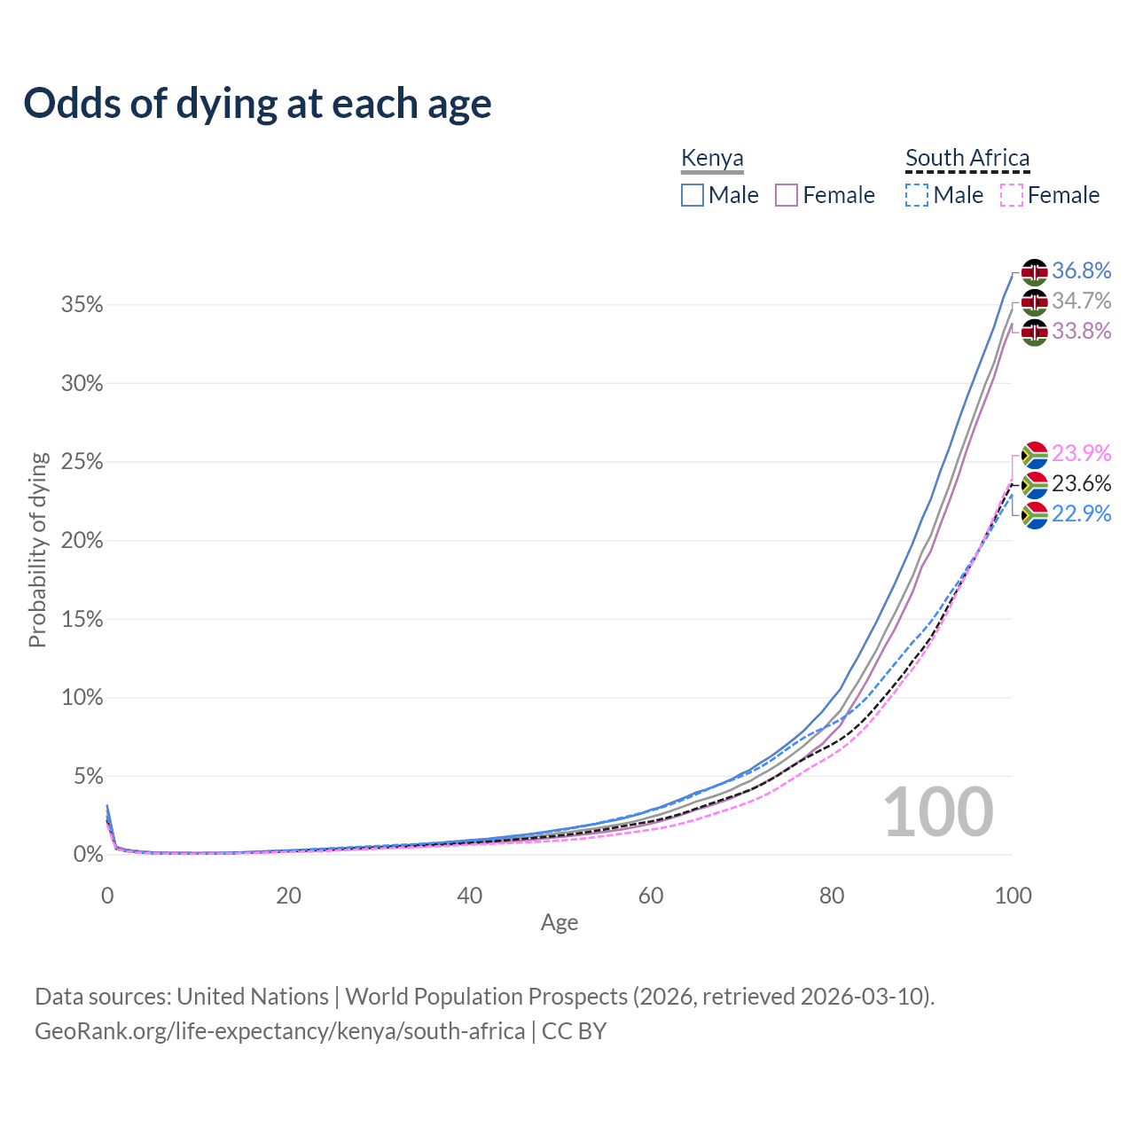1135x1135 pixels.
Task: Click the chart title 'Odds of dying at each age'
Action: pos(257,104)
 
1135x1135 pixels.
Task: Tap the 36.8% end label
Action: pos(1081,270)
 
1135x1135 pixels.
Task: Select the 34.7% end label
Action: pos(1081,301)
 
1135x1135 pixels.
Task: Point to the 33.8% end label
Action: pos(1081,331)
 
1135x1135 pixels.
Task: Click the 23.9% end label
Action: pos(1081,453)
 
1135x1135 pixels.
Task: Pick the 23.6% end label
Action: pos(1081,483)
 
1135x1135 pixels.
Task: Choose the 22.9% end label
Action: pos(1081,513)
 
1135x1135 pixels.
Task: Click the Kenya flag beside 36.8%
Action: pos(1034,271)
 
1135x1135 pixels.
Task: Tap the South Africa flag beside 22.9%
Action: pos(1034,514)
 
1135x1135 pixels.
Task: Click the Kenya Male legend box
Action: pos(693,195)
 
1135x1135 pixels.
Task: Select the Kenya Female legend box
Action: pos(787,195)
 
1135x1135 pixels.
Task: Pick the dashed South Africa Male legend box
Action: pos(917,195)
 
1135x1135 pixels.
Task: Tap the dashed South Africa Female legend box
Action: pos(1012,195)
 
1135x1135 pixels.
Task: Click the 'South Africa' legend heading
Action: pos(967,158)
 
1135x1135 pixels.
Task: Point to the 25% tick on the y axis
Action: pos(82,462)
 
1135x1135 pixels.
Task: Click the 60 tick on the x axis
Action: pos(651,896)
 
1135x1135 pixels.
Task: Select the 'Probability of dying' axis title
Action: pos(37,550)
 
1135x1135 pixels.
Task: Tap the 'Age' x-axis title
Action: pos(560,922)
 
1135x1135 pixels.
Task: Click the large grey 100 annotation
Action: pos(938,812)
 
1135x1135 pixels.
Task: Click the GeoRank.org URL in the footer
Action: pos(279,1031)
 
